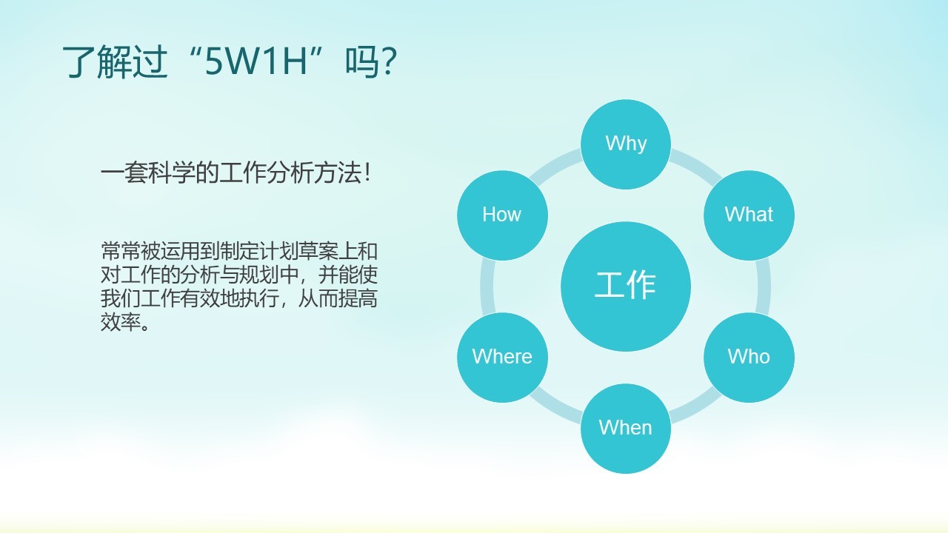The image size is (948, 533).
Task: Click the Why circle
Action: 626,143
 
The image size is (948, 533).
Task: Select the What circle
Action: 749,215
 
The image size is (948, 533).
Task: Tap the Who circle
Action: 749,357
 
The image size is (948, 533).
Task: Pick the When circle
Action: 626,428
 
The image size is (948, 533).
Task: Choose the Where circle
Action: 502,357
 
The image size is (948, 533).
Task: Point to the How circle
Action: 502,215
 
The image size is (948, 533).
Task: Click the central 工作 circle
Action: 626,286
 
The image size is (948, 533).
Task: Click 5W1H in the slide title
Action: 256,63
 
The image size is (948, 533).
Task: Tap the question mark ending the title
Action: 390,63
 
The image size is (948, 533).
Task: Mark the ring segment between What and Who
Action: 765,286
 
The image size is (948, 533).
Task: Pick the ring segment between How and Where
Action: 487,286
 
